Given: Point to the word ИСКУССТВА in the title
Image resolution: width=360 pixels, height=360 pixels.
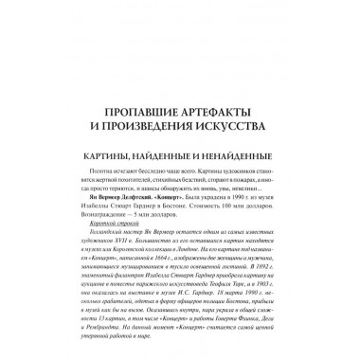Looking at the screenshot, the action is click(242, 119).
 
